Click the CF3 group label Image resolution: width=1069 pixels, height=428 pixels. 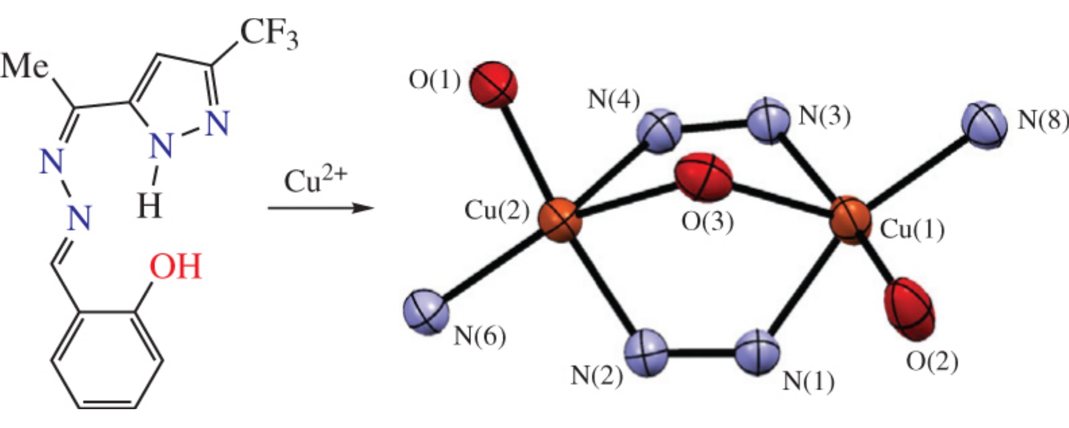pyautogui.click(x=268, y=35)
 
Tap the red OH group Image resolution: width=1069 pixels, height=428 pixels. pyautogui.click(x=175, y=267)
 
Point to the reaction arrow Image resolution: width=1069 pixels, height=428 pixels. pyautogui.click(x=321, y=208)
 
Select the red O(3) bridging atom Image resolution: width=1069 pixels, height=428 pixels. pyautogui.click(x=703, y=177)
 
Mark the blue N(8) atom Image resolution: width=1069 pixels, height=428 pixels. pyautogui.click(x=984, y=124)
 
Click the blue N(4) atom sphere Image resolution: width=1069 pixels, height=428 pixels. pyautogui.click(x=659, y=130)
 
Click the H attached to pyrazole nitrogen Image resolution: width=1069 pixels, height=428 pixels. pyautogui.click(x=149, y=207)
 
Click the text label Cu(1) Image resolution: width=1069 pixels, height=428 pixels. pyautogui.click(x=912, y=229)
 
